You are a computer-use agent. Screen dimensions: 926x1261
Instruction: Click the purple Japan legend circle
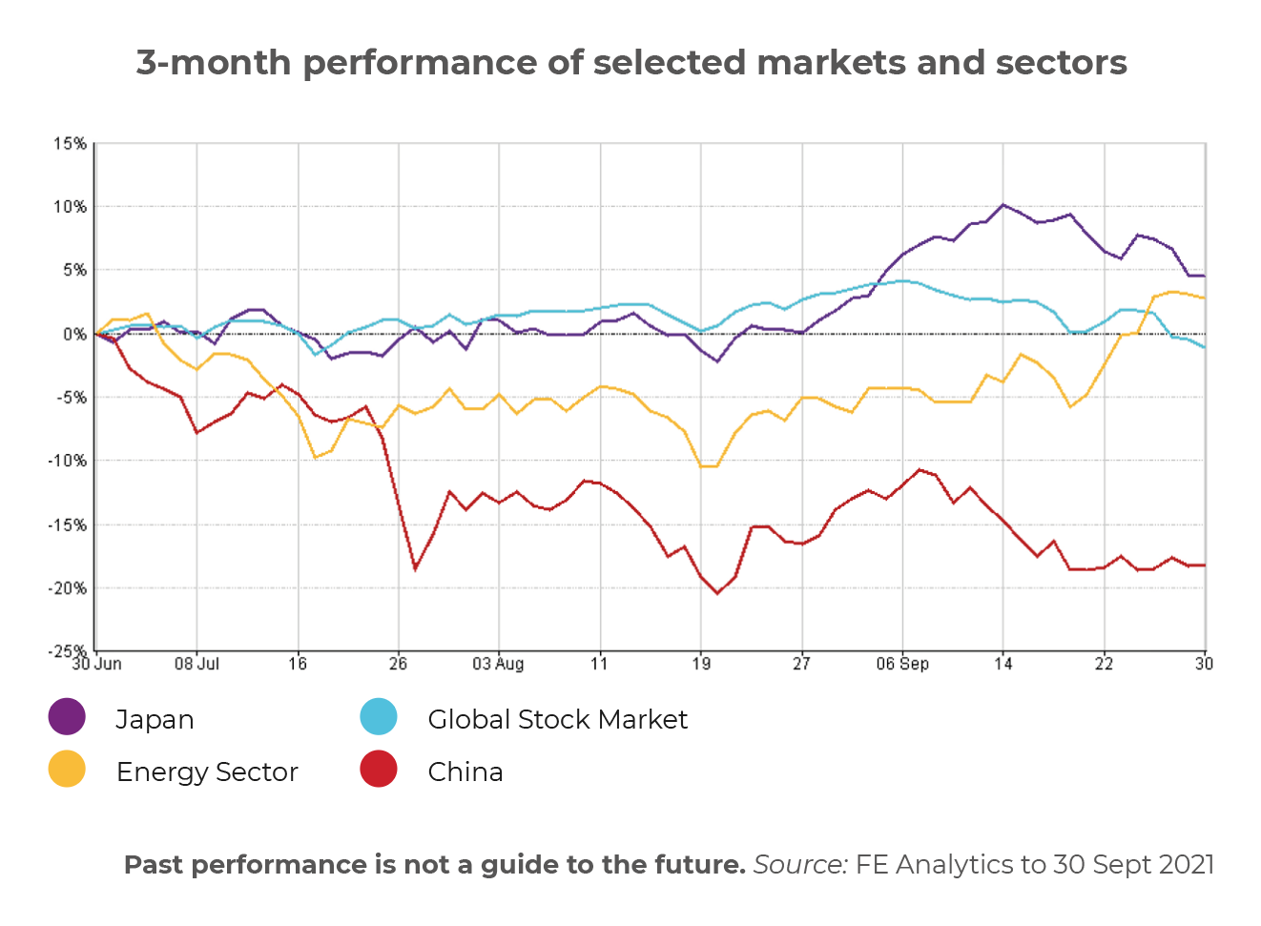coord(67,716)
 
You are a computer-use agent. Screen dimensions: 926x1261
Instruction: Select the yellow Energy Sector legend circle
coord(67,769)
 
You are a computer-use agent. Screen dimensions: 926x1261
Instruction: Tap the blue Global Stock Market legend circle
coord(379,716)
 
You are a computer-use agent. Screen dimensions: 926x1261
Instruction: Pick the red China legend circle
coord(379,769)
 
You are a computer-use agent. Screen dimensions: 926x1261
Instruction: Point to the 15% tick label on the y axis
coord(70,144)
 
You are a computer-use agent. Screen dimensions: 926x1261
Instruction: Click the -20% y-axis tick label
coord(67,588)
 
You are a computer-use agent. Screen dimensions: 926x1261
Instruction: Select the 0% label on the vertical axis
coord(74,335)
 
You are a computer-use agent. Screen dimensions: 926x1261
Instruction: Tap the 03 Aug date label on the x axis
coord(498,664)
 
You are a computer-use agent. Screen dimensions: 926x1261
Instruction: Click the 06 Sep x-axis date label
coord(902,664)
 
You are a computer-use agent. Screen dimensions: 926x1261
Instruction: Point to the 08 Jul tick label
coord(196,664)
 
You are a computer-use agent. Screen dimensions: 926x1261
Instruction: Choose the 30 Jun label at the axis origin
coord(97,664)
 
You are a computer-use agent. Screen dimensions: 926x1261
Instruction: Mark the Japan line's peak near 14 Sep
coord(1003,204)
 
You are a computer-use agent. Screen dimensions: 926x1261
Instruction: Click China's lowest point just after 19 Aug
coord(717,593)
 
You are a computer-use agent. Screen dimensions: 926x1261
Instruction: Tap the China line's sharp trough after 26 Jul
coord(415,569)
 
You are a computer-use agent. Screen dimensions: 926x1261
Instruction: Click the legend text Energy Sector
coord(207,772)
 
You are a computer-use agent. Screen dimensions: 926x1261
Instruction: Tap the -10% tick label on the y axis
coord(67,462)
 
